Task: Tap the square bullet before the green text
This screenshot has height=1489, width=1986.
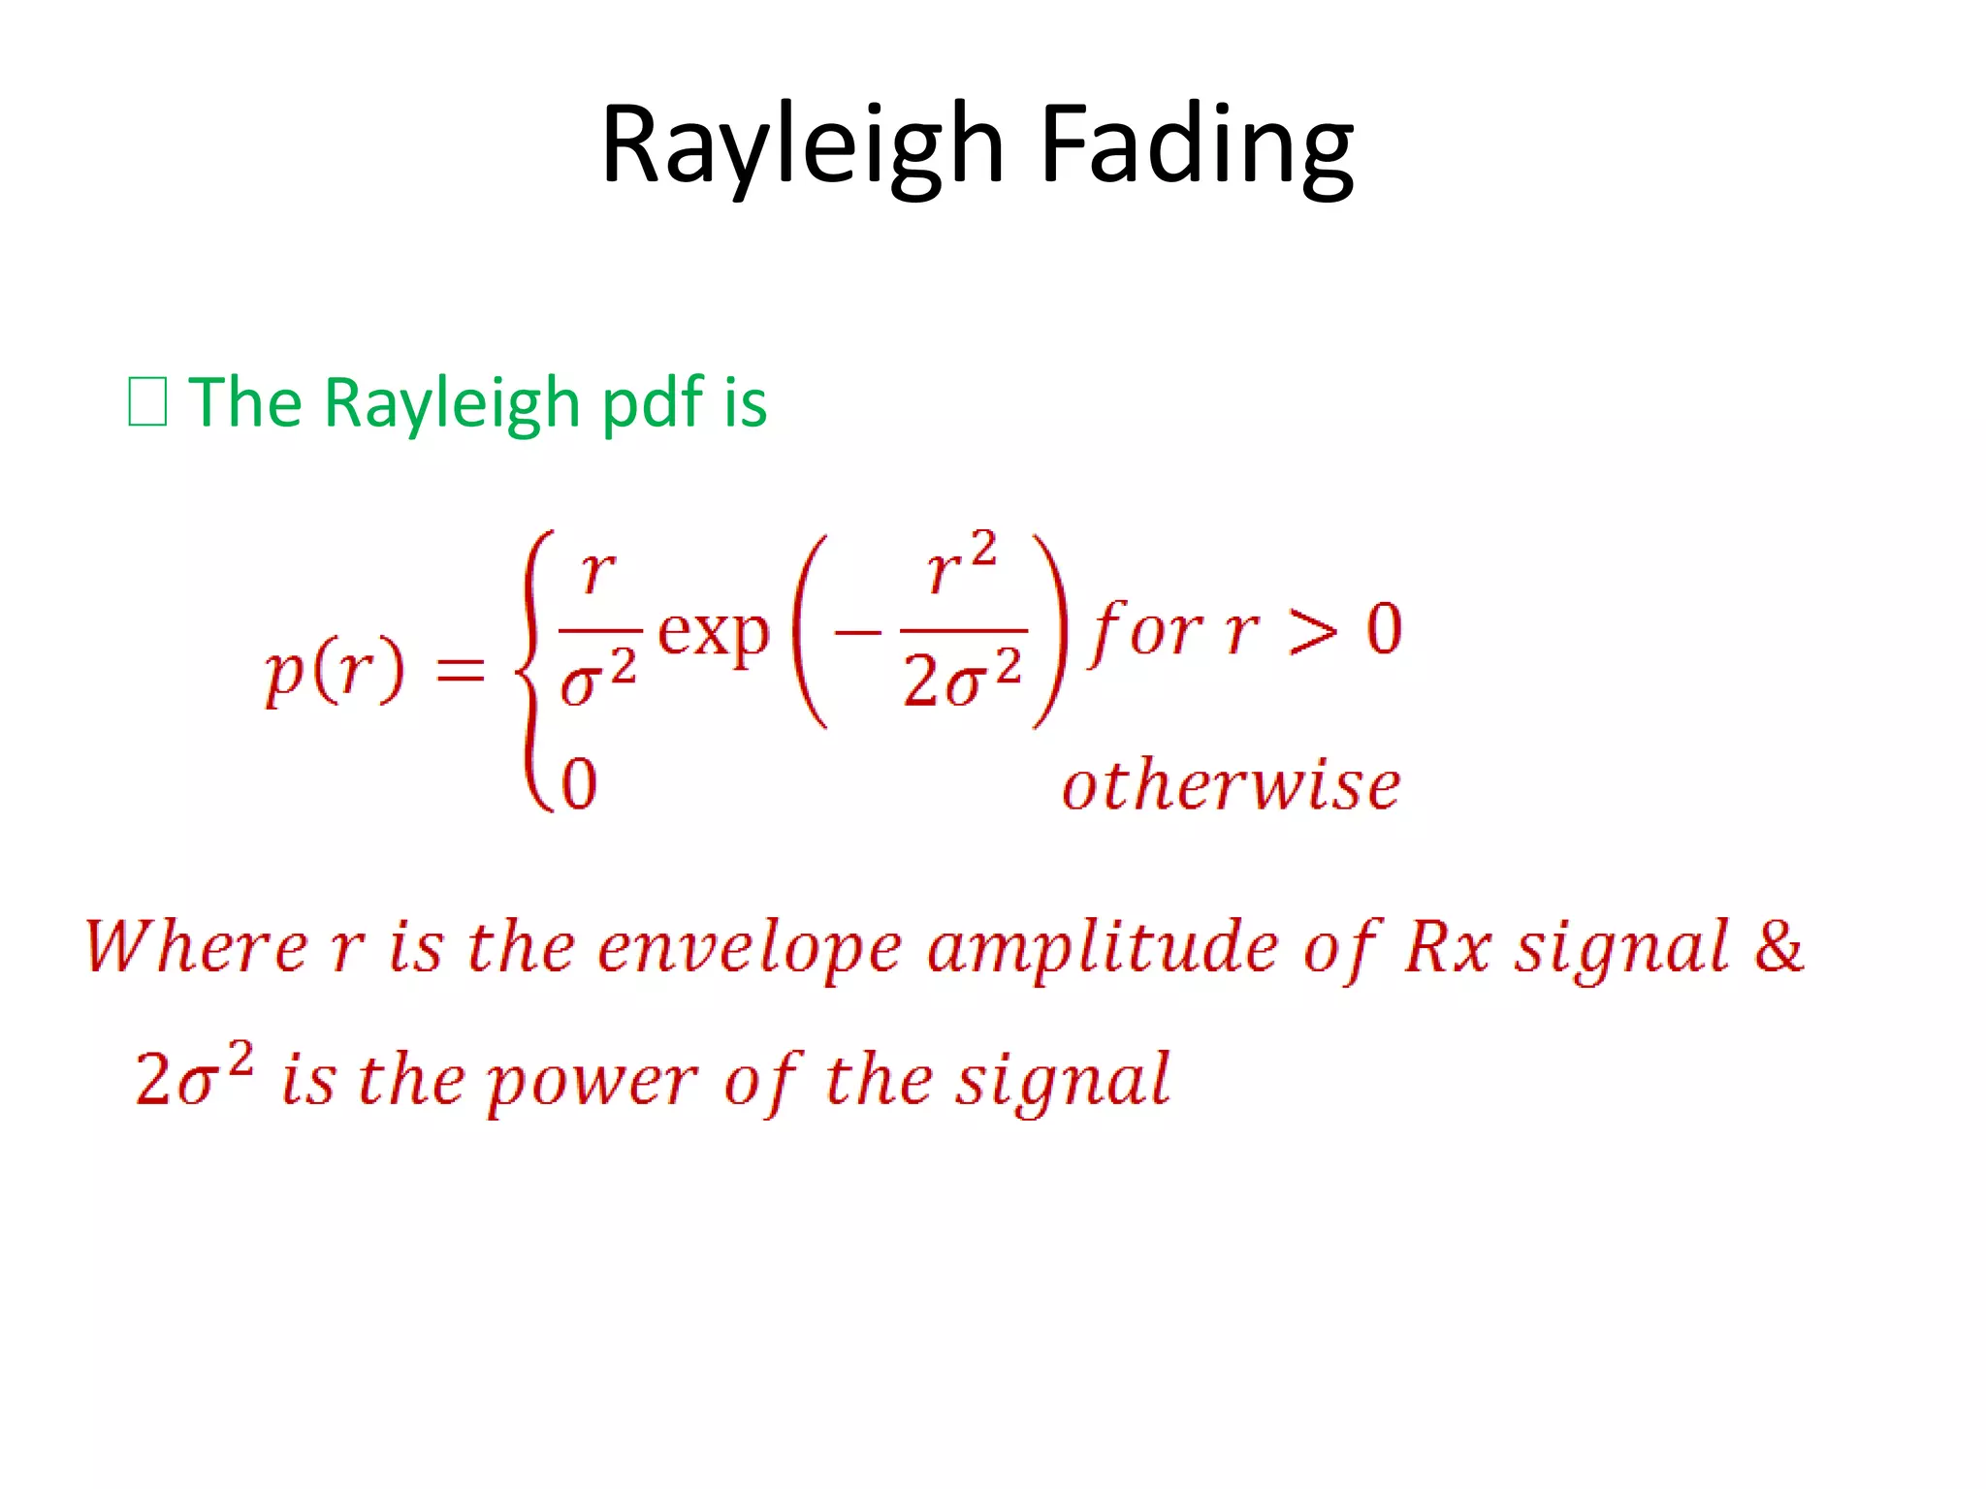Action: click(x=147, y=402)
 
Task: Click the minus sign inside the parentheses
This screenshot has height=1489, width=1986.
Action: click(x=857, y=635)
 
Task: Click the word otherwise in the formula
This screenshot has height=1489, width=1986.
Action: click(x=1230, y=785)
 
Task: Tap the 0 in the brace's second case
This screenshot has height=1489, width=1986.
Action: click(x=579, y=783)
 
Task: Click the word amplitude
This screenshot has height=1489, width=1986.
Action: click(x=1102, y=948)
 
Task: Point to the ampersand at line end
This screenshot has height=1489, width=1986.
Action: click(x=1778, y=946)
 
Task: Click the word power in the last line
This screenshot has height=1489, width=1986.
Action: click(x=592, y=1081)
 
